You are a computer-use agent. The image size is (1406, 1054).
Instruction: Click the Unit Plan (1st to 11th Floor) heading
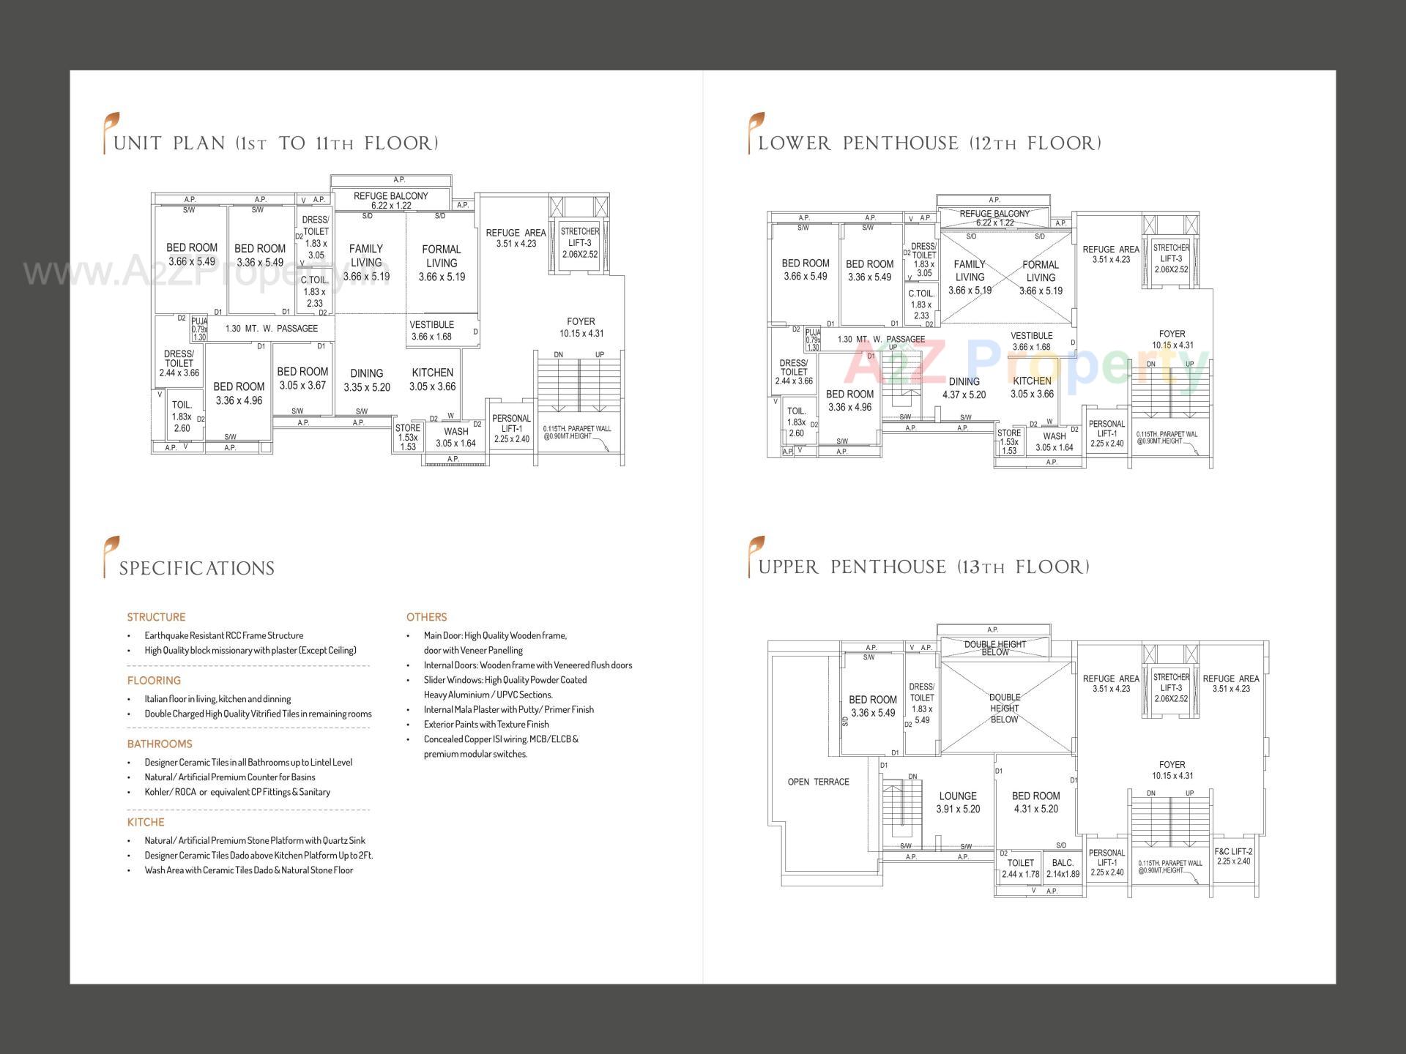coord(275,143)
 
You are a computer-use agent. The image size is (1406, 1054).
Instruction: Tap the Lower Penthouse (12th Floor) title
coord(929,143)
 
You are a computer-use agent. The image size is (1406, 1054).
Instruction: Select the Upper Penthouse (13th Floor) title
coord(923,567)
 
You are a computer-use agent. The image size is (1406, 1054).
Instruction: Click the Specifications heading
coord(196,569)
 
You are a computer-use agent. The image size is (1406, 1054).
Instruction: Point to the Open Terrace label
coord(818,782)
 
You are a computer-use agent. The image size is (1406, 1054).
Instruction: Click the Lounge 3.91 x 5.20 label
coord(958,802)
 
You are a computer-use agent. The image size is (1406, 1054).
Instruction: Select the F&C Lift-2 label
coord(1233,856)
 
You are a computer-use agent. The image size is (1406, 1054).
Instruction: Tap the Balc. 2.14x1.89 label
coord(1063,868)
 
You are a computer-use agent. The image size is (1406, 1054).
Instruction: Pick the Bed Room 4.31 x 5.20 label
coord(1035,802)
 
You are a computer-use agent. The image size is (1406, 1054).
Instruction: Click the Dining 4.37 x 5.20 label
coord(964,388)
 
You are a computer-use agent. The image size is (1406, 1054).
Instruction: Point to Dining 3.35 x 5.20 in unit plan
coord(366,380)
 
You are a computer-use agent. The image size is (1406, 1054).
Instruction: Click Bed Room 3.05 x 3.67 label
coord(302,378)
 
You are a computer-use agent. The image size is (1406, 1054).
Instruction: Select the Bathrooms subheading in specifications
coord(159,744)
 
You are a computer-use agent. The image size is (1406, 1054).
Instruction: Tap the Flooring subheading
coord(154,680)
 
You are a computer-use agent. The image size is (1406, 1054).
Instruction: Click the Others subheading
coord(426,617)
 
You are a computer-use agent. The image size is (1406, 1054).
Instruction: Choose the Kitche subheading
coord(146,822)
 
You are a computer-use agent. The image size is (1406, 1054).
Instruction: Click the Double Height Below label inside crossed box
coord(1004,709)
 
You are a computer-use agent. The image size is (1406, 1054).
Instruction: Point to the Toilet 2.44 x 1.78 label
coord(1020,868)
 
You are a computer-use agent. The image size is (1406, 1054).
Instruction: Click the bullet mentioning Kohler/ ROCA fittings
coord(237,792)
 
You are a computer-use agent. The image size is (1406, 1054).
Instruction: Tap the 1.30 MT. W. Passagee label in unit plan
coord(271,329)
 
